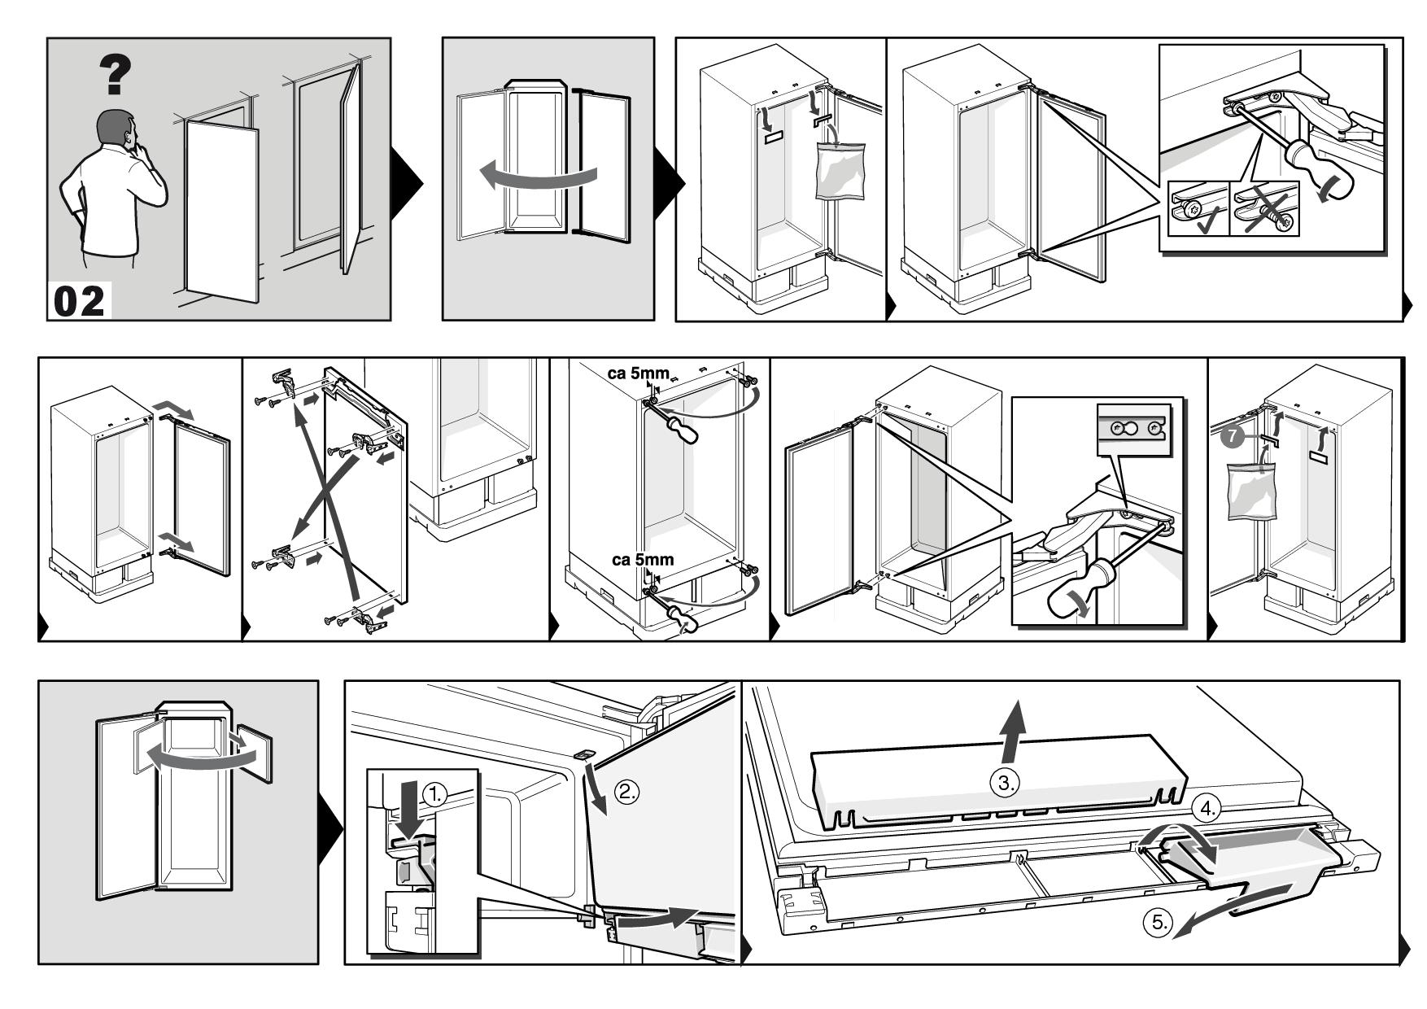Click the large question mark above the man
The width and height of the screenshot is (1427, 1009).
116,74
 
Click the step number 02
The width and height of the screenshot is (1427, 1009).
80,301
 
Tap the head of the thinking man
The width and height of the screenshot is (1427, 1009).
116,129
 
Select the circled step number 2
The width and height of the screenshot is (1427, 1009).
626,792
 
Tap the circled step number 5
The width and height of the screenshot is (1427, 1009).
1158,922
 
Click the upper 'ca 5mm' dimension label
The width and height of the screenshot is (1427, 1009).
639,374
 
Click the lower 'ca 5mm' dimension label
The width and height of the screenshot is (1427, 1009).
643,560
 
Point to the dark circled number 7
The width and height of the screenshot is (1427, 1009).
1233,437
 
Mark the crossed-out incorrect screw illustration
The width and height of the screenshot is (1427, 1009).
1265,210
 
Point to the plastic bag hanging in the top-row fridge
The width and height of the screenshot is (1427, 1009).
840,170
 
